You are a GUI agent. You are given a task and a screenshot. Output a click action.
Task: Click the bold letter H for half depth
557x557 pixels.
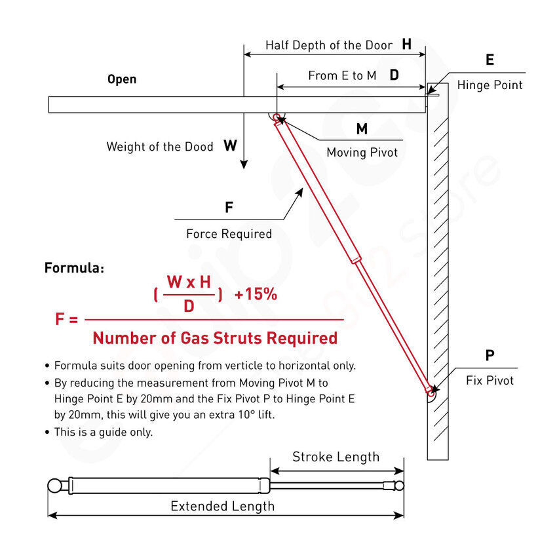tap(407, 45)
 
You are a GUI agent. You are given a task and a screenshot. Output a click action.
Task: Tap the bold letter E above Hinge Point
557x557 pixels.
tap(490, 60)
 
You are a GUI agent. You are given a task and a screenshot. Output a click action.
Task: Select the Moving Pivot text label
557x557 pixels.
tap(362, 152)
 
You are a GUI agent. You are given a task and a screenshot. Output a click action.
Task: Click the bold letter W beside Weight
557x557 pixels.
tap(230, 145)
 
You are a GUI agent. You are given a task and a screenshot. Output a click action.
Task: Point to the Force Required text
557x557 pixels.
tap(229, 234)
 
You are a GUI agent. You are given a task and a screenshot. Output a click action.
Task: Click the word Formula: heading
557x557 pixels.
tap(74, 267)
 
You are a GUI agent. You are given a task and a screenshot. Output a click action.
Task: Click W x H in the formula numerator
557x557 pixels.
tap(189, 282)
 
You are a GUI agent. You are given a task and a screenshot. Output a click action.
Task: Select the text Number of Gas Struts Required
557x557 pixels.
tap(215, 338)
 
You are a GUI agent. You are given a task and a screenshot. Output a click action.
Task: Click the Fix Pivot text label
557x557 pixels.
tap(490, 380)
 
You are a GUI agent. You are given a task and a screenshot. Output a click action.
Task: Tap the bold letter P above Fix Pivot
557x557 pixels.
tap(490, 356)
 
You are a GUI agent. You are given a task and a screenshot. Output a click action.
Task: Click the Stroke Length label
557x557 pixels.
tap(336, 457)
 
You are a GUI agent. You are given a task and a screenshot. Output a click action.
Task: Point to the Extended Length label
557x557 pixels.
tap(222, 506)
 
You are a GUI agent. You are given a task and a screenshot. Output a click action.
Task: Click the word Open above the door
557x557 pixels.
tap(122, 79)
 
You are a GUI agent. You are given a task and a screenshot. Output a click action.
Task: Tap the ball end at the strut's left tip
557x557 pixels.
tap(55, 486)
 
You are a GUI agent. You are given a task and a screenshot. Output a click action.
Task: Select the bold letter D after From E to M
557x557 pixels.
tap(394, 75)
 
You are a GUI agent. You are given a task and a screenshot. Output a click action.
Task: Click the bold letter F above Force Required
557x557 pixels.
tap(229, 208)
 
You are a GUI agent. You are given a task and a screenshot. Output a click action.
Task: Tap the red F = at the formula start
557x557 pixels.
tap(67, 320)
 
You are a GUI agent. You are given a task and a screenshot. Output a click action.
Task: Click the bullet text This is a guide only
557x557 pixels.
tap(104, 432)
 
